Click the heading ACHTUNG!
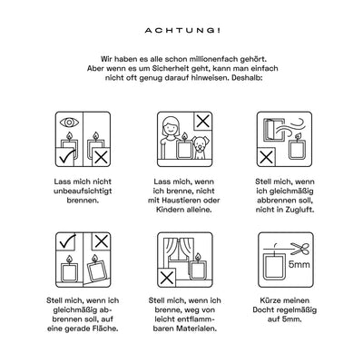coord(182,31)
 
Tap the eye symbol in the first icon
coord(69,123)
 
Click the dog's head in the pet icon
coord(199,144)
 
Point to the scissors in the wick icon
coord(300,249)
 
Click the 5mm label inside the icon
coord(299,265)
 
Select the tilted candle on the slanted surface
coord(97,269)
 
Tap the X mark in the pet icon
coord(203,122)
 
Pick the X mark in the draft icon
coord(266,157)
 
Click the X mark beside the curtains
coord(167,278)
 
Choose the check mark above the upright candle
coord(67,241)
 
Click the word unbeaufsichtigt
coord(83,191)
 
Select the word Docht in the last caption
coord(263,310)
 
